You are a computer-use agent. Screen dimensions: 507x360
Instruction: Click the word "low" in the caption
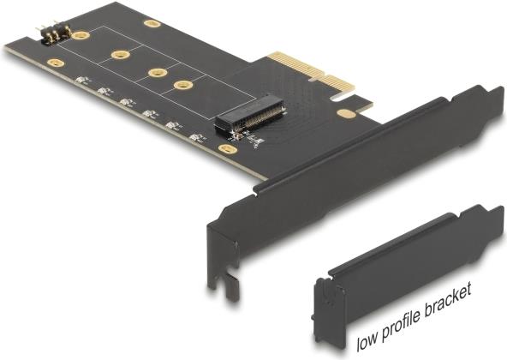[x=367, y=343]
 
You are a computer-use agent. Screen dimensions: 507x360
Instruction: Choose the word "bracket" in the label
[x=449, y=298]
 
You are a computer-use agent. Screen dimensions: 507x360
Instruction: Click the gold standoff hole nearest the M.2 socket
[x=183, y=86]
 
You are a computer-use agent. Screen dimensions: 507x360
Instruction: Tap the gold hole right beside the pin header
[x=81, y=35]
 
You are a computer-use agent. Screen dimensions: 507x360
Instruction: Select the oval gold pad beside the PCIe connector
[x=346, y=113]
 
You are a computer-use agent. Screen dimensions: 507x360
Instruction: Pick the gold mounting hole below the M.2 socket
[x=228, y=149]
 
